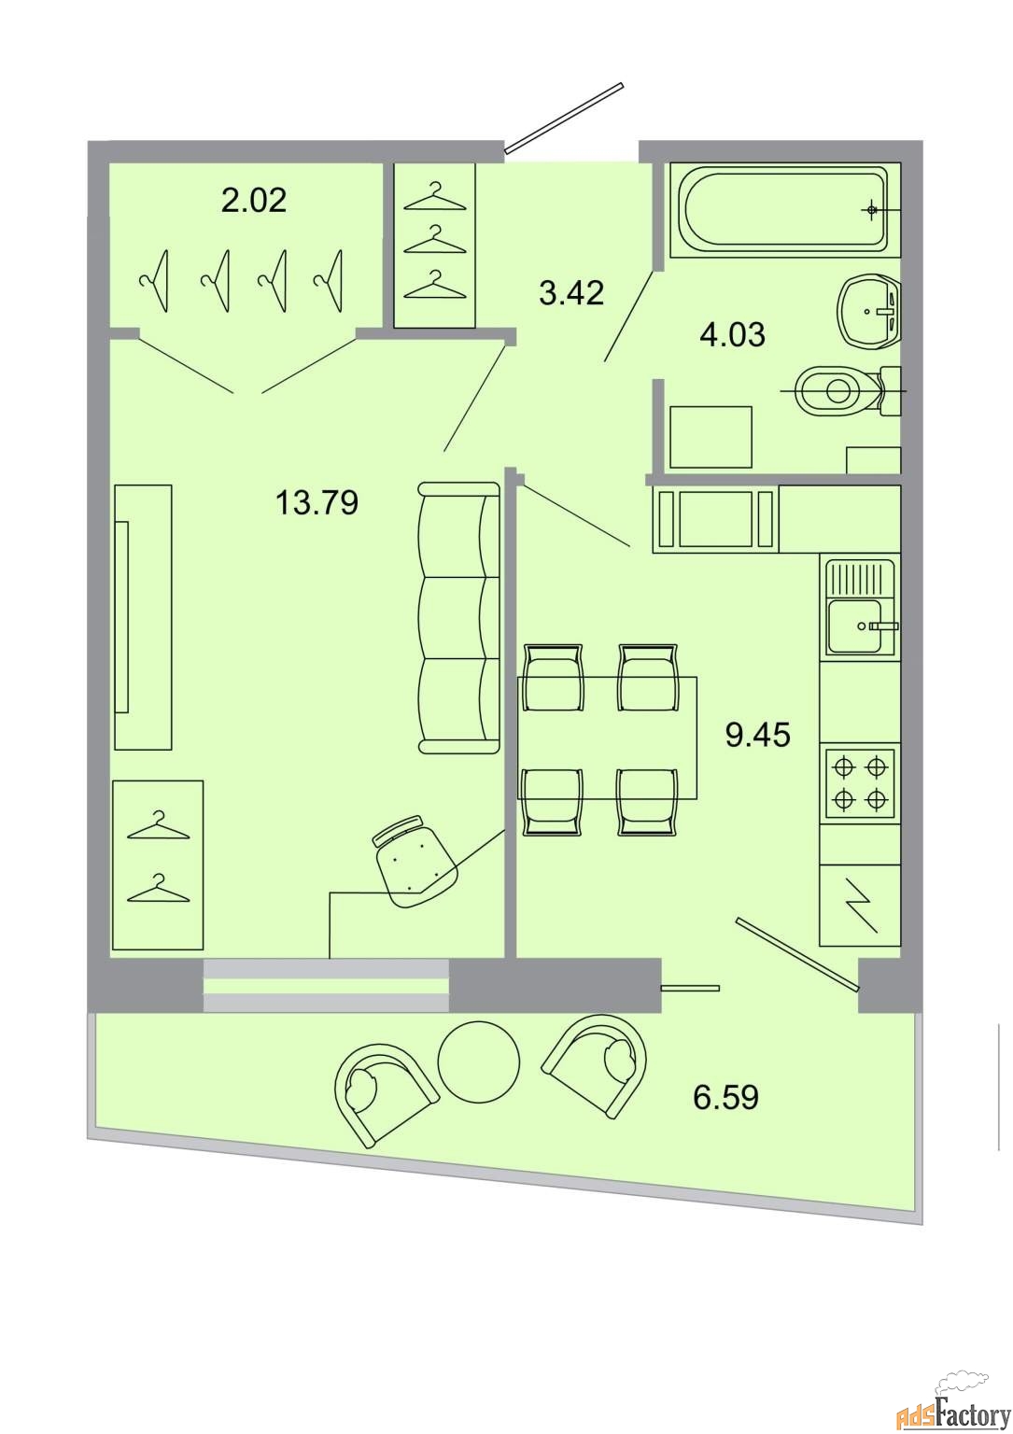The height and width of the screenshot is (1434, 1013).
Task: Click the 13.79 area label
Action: (317, 502)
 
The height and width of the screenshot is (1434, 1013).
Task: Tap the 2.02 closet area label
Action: (254, 201)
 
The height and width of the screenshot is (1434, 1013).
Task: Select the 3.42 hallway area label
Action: (571, 293)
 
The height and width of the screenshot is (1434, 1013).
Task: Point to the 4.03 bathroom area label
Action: (733, 335)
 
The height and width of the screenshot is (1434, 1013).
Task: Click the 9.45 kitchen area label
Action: (758, 735)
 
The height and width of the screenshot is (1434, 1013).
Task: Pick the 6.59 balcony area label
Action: (726, 1097)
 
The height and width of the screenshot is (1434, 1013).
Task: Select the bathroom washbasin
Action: (869, 311)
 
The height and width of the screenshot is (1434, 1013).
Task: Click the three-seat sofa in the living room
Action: (458, 618)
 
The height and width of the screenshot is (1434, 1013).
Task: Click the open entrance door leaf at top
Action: (564, 118)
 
